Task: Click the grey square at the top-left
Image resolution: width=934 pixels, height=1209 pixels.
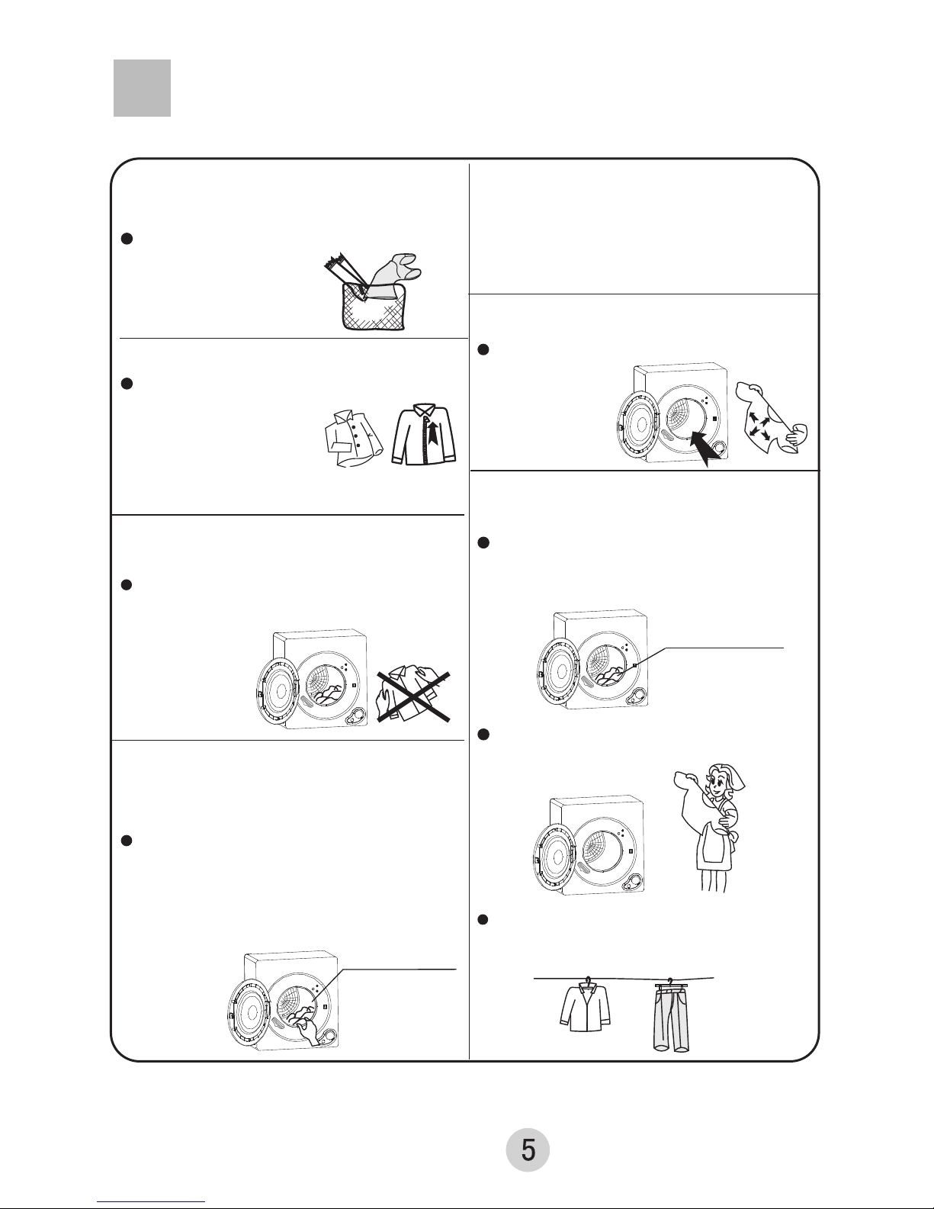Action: coord(142,88)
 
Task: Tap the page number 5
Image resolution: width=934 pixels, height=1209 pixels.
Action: coord(528,1150)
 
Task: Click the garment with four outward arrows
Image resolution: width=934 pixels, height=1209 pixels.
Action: coord(771,416)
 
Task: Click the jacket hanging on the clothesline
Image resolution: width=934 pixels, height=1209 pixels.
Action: coord(584,1008)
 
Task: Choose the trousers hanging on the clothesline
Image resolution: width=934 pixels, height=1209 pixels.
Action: coord(672,1018)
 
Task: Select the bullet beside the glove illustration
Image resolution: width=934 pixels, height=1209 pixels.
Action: coord(127,239)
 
